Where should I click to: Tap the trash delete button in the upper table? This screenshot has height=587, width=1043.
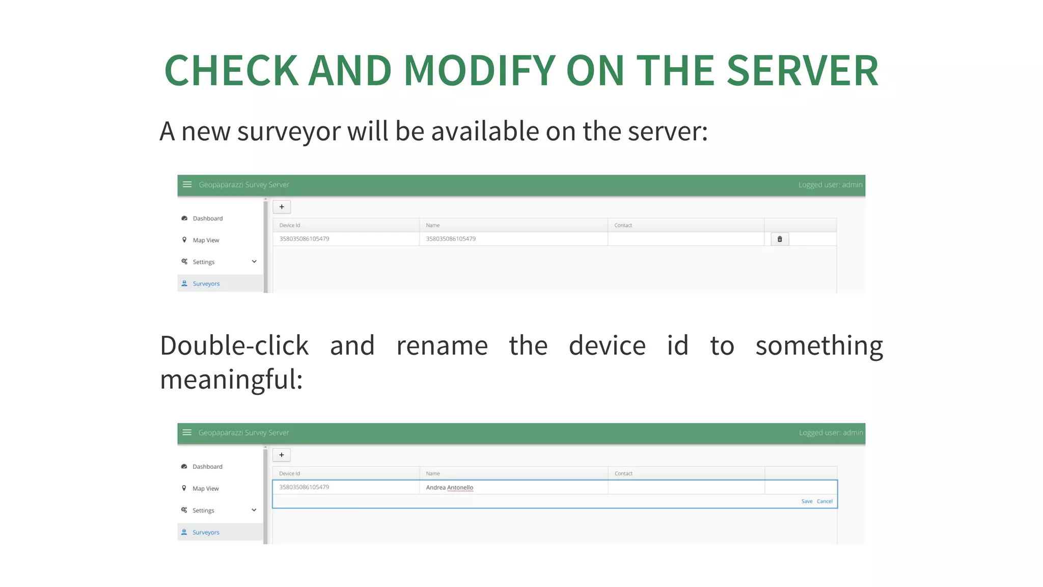tap(780, 239)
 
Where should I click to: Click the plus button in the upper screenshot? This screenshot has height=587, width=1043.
tap(282, 207)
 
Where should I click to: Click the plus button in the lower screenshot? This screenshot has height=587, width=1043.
tap(282, 455)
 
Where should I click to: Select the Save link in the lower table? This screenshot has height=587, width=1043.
tap(807, 501)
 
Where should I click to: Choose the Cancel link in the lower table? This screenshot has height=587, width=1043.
tap(825, 501)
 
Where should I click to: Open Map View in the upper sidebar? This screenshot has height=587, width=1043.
tap(206, 241)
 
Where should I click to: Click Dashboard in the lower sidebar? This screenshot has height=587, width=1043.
tap(207, 467)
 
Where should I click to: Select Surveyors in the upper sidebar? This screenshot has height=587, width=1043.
tap(206, 284)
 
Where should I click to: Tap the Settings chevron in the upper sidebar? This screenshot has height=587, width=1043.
tap(254, 262)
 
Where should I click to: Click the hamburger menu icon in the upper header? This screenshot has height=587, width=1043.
tap(187, 184)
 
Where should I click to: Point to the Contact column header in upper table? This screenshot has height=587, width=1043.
tap(623, 225)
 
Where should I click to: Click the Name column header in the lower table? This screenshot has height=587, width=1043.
tap(433, 473)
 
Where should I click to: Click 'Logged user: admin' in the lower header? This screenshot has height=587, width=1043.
tap(831, 433)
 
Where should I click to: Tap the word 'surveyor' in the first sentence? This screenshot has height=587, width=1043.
tap(289, 131)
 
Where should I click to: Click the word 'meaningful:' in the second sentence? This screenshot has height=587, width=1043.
tap(232, 380)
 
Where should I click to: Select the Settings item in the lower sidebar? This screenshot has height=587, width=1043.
tap(203, 511)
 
